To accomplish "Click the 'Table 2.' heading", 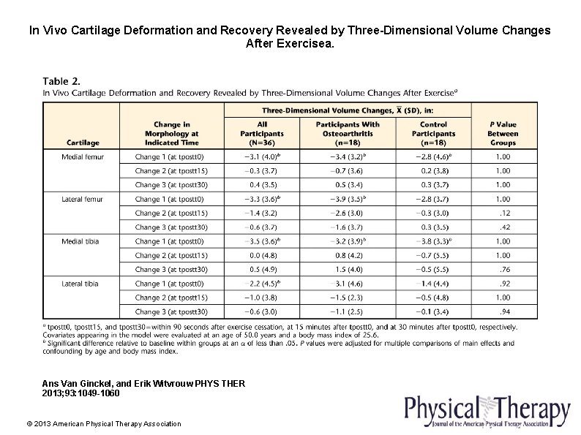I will click(x=61, y=81).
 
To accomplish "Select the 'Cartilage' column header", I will click(x=83, y=143).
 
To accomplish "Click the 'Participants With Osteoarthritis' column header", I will click(x=348, y=134).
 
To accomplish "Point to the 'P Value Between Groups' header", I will click(x=503, y=134).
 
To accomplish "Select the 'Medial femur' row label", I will click(x=83, y=156).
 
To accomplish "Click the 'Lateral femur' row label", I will click(x=83, y=199).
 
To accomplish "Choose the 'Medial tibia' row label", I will click(x=81, y=241).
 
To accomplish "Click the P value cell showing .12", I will click(x=505, y=213).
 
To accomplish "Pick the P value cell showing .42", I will click(x=505, y=227).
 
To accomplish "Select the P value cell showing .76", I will click(x=505, y=270).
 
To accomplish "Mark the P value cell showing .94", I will click(x=505, y=312).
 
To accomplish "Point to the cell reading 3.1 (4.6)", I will click(x=348, y=284).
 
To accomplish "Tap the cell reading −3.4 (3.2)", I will click(x=348, y=156).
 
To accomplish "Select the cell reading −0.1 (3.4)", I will click(x=433, y=312).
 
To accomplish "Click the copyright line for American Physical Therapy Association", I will click(x=103, y=424).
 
